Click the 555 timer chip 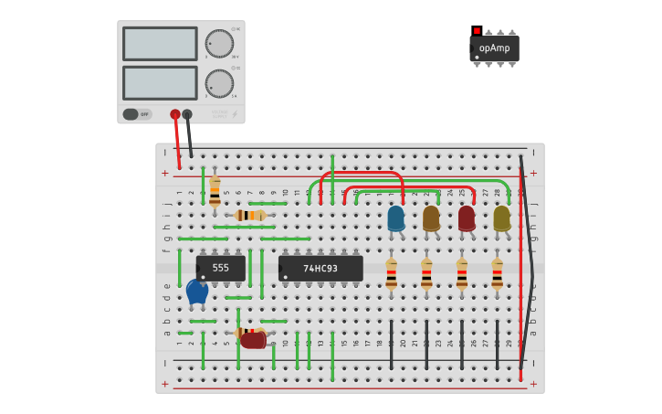(x=221, y=268)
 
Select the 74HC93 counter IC (x=320, y=268)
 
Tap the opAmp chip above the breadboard (x=494, y=48)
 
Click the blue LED (x=395, y=218)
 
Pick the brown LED (x=431, y=218)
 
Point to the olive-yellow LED (x=501, y=218)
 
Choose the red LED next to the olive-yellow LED (x=467, y=218)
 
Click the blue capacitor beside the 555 (x=197, y=292)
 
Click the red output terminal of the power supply (x=174, y=114)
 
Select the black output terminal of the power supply (x=187, y=114)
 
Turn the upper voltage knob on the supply (x=219, y=43)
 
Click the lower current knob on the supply (x=219, y=83)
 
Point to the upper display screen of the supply (x=160, y=43)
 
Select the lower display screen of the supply (x=160, y=82)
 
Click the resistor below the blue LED (x=391, y=274)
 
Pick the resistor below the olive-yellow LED (x=497, y=274)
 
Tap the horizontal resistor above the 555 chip (x=249, y=216)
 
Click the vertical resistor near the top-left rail (x=215, y=192)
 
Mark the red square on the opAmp (x=477, y=31)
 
